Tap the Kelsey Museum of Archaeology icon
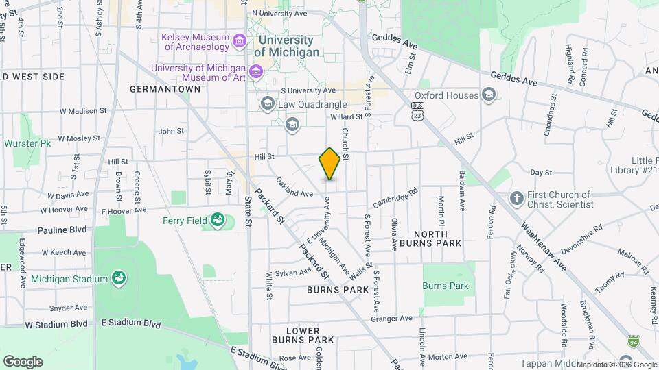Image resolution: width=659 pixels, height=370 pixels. (239, 42)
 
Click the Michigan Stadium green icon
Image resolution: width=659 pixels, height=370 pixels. (118, 278)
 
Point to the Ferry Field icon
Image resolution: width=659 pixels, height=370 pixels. (218, 220)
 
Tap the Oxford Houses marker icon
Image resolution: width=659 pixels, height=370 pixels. (489, 95)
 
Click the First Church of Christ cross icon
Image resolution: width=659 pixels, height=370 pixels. (517, 199)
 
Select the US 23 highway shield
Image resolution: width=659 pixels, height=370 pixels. (417, 112)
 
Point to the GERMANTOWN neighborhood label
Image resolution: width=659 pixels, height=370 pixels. (159, 90)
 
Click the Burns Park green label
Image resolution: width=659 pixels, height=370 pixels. (446, 286)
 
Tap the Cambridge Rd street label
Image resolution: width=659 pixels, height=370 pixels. (395, 199)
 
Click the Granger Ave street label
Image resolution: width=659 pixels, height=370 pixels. (391, 318)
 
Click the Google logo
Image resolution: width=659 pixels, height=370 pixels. (23, 362)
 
